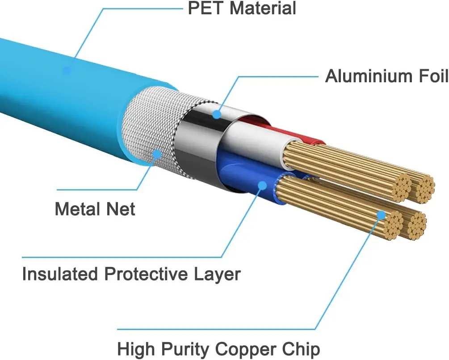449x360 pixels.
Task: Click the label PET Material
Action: point(242,8)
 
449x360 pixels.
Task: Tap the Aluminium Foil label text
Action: point(386,76)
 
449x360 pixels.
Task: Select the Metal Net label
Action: point(95,209)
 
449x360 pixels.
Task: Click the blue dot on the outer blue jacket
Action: point(67,70)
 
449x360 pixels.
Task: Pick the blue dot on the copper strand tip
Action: point(381,215)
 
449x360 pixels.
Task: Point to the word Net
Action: point(119,209)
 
